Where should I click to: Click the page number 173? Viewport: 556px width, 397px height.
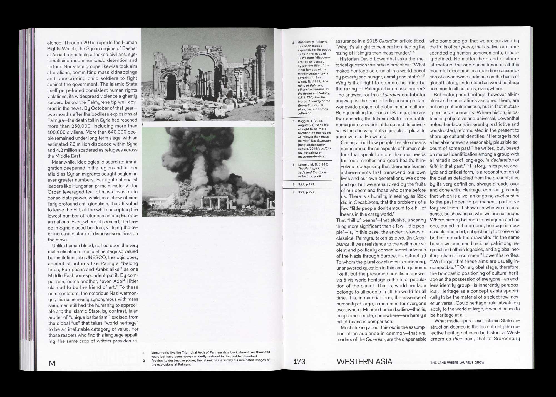pyautogui.click(x=299, y=362)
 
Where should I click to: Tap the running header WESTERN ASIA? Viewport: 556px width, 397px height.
pyautogui.click(x=364, y=362)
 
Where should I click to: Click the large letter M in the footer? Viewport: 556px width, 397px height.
pyautogui.click(x=52, y=363)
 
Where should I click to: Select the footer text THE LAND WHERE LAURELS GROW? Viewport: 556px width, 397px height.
pyautogui.click(x=457, y=363)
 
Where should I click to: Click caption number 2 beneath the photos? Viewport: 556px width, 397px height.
pyautogui.click(x=144, y=361)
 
